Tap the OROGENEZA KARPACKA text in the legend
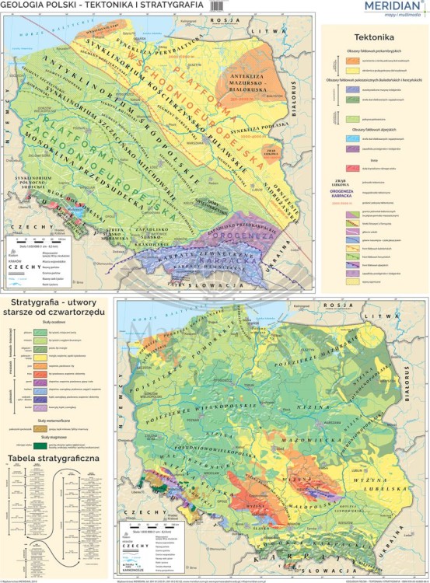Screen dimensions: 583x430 pos(374,187)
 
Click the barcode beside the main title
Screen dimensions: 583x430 pos(222,6)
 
